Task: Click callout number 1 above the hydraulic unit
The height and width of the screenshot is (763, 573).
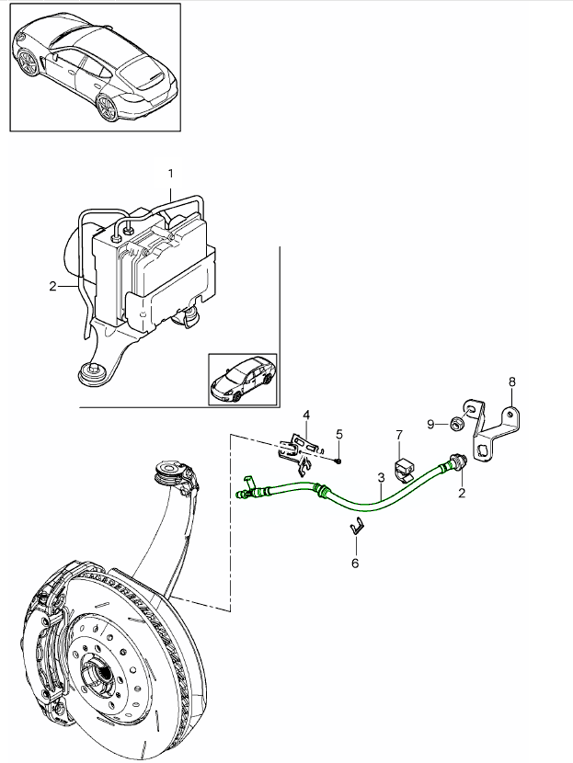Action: [170, 173]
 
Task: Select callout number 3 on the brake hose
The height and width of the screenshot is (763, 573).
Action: [380, 478]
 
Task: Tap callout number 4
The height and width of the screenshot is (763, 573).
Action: [306, 416]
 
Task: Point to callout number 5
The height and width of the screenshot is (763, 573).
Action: [338, 433]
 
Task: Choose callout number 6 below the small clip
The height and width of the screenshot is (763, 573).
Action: [356, 562]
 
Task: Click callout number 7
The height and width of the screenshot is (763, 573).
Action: [399, 433]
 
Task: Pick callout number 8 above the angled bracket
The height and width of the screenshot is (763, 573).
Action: [512, 380]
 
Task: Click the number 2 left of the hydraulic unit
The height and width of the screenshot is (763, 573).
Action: [53, 286]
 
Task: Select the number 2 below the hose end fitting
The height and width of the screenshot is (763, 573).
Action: [462, 494]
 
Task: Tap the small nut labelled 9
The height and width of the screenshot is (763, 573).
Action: [454, 423]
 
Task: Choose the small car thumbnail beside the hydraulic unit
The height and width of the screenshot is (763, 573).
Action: [242, 378]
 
